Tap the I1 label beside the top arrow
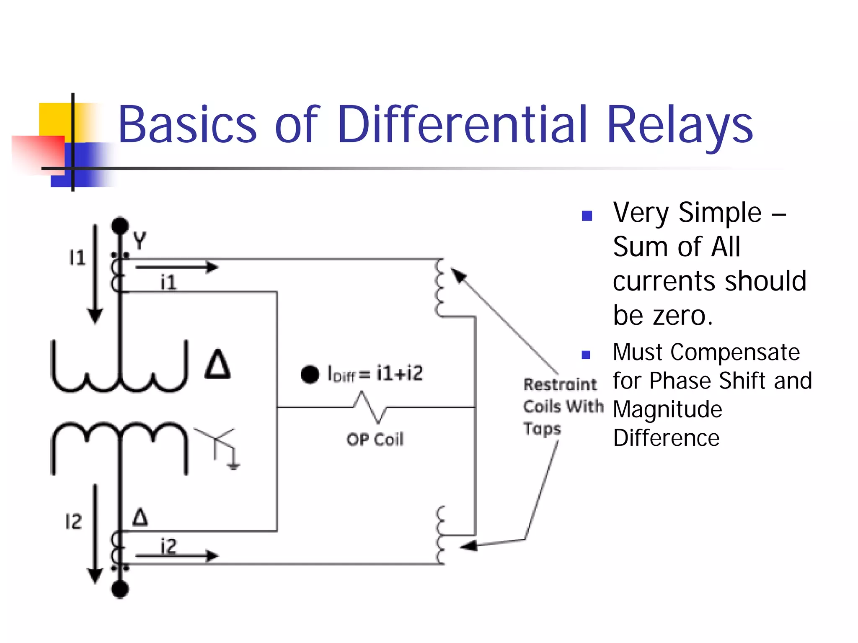coord(78,257)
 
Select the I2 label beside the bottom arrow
coord(74,522)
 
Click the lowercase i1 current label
coord(168,282)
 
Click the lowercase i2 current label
coord(168,546)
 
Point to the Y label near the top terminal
coord(140,241)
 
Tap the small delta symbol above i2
coord(140,517)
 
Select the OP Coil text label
coord(375,439)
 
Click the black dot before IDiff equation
coord(310,374)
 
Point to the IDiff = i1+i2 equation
coord(375,373)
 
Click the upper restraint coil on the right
coord(439,288)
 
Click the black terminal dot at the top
coord(120,226)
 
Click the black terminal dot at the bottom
coord(120,589)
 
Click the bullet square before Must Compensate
coord(586,355)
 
